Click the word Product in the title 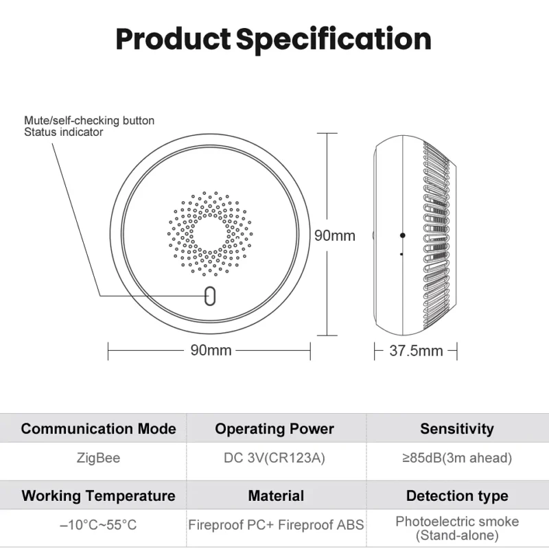(x=173, y=38)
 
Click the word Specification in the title (x=334, y=40)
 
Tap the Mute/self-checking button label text (x=89, y=121)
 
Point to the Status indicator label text (x=63, y=132)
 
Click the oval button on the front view (x=210, y=296)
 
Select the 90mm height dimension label (x=335, y=235)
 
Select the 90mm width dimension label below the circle (x=211, y=350)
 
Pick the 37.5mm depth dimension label (x=416, y=351)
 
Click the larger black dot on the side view (x=403, y=235)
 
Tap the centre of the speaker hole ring (x=210, y=233)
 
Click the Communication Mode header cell (x=98, y=428)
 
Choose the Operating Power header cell (x=274, y=429)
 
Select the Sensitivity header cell (x=457, y=429)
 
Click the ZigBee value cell (x=98, y=458)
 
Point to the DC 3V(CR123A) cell (x=274, y=458)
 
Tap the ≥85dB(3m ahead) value (x=457, y=458)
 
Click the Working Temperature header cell (x=98, y=495)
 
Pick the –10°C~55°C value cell (x=98, y=525)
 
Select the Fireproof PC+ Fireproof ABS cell (x=276, y=525)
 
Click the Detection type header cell (x=457, y=495)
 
